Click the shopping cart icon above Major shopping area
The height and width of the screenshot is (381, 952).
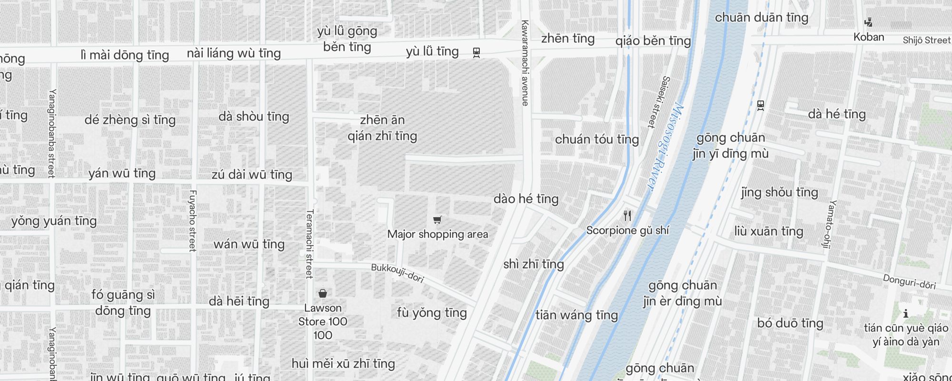tap(437, 220)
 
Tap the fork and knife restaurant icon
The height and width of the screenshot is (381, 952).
tap(627, 216)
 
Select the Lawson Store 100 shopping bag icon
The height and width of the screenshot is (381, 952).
tap(323, 293)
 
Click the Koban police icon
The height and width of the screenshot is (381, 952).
tap(869, 22)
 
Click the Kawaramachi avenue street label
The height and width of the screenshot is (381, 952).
tap(525, 63)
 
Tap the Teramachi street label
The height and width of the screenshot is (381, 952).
tap(309, 244)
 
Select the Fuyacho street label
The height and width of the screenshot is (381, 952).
tap(192, 221)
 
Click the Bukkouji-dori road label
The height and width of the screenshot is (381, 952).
tap(397, 273)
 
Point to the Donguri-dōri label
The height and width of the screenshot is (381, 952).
tap(909, 282)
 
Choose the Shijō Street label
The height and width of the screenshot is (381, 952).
tap(926, 40)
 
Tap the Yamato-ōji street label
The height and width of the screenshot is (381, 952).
tap(829, 224)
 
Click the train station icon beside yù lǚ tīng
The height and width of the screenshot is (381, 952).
tap(476, 52)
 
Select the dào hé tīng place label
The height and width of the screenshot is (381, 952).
tap(526, 199)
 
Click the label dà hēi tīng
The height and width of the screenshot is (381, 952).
tap(239, 301)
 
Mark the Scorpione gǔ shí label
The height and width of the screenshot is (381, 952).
tap(627, 231)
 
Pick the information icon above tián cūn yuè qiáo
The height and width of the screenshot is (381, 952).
tap(906, 313)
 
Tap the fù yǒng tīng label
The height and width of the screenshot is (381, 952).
tap(432, 313)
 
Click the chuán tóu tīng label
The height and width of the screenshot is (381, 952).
tap(597, 140)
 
